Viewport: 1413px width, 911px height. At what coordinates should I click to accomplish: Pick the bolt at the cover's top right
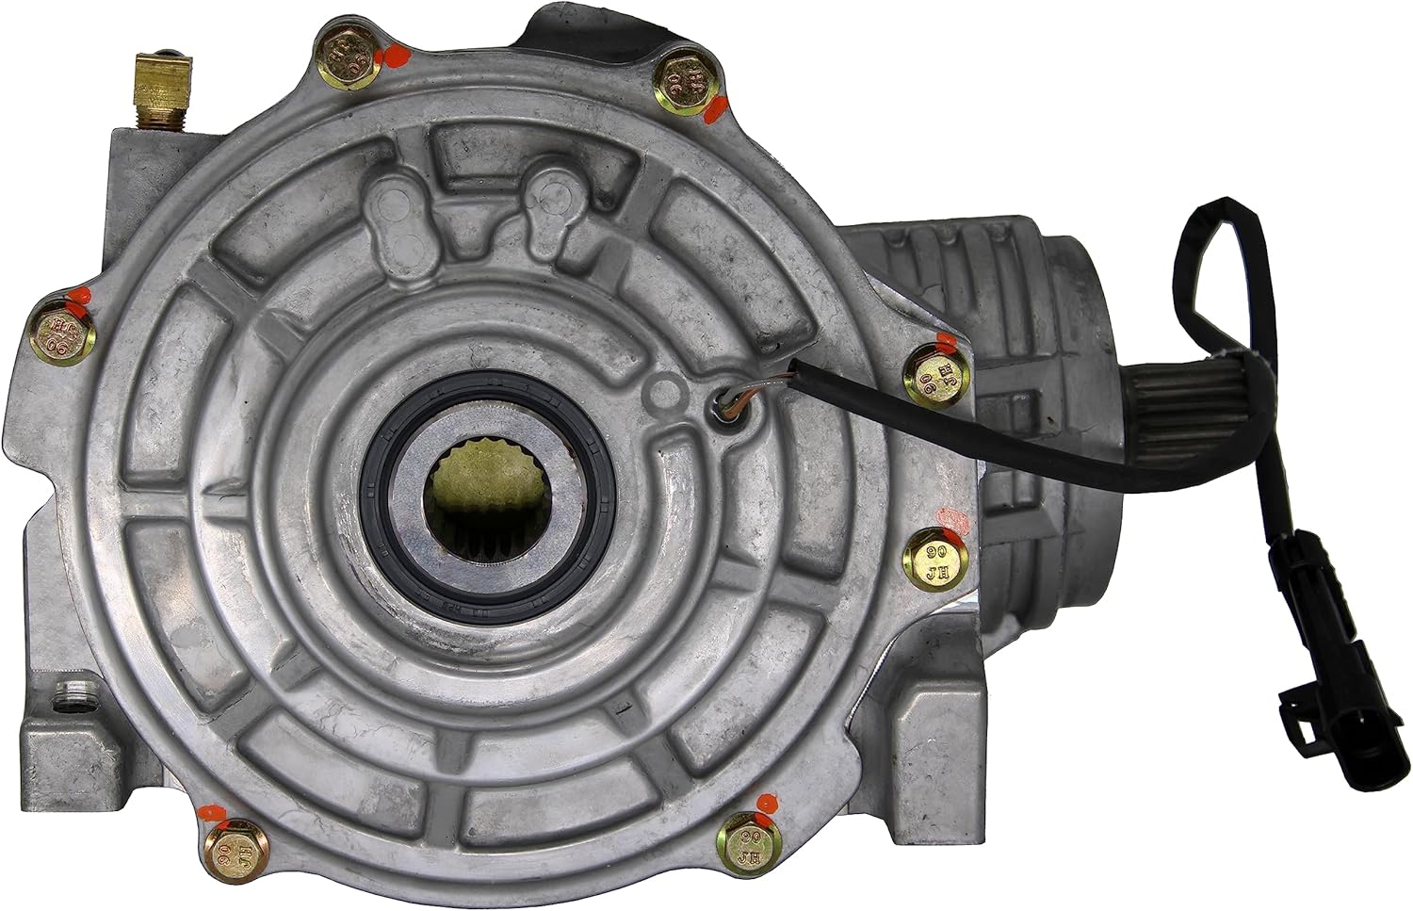[683, 84]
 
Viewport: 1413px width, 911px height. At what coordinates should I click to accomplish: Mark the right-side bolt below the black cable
[936, 559]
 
